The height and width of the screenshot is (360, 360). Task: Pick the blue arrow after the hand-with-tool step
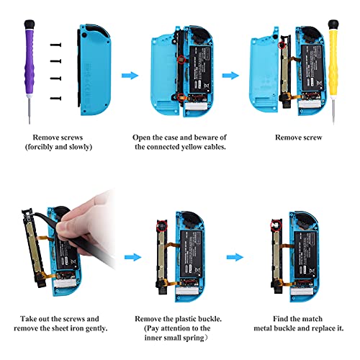coord(130,255)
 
